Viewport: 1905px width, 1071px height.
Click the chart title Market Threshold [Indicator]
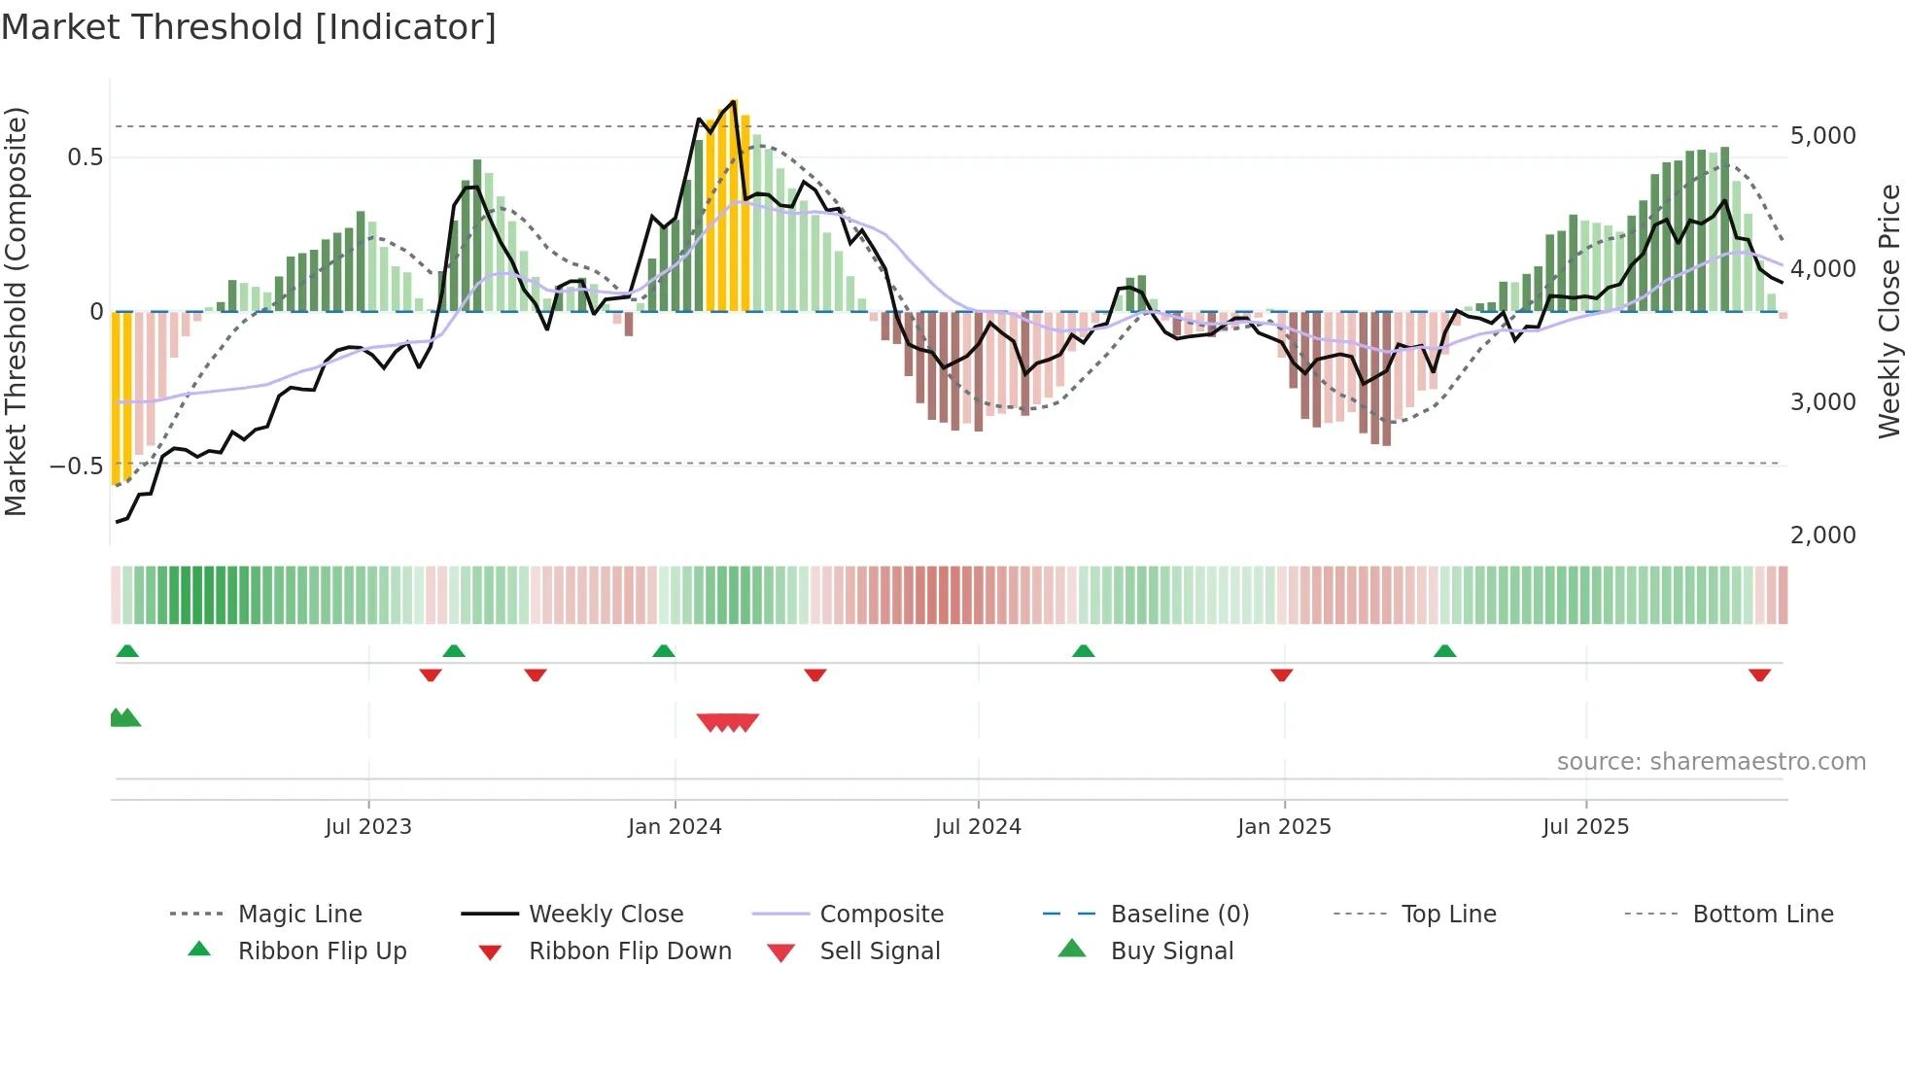[x=249, y=27]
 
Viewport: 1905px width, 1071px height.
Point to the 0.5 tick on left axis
[x=86, y=157]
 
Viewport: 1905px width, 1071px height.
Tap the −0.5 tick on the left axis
[x=77, y=466]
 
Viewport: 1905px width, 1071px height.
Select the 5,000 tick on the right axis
[x=1822, y=136]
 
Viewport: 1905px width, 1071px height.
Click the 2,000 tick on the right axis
[x=1822, y=535]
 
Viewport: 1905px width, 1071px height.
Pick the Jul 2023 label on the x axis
[x=368, y=827]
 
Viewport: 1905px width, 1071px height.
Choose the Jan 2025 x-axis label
[x=1284, y=827]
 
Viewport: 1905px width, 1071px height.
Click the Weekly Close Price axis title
[x=1888, y=311]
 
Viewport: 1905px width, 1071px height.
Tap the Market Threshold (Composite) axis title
[x=16, y=311]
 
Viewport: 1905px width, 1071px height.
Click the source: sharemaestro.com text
[x=1711, y=762]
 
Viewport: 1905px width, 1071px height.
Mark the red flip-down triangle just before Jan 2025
[x=1281, y=674]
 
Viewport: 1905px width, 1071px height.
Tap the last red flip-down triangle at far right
[x=1759, y=674]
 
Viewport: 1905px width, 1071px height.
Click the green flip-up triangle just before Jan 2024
[x=664, y=651]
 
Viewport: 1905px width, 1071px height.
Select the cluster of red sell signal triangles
[x=728, y=722]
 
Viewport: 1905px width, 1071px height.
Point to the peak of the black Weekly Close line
[x=734, y=101]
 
